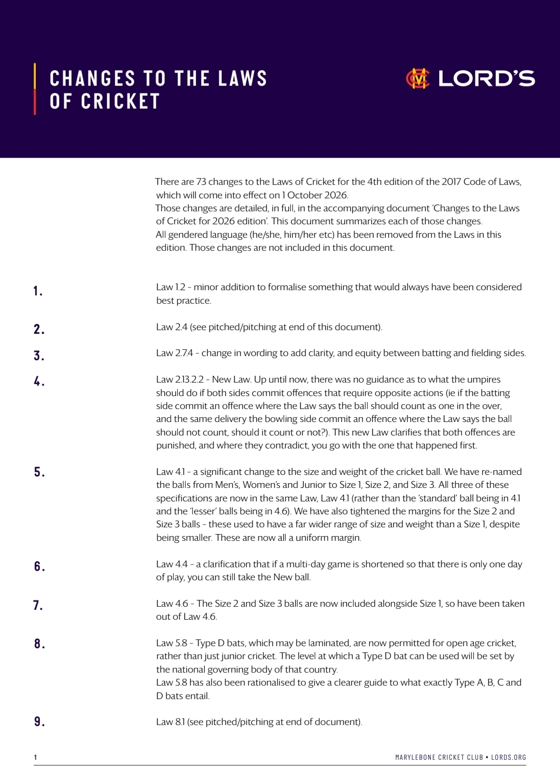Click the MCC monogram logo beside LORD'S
tap(418, 79)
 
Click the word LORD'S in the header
tap(486, 79)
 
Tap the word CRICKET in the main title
tap(120, 102)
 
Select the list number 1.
tap(38, 291)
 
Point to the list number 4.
tap(39, 381)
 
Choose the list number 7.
tap(38, 605)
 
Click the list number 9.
tap(39, 721)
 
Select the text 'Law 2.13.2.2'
tap(180, 380)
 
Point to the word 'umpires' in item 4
tap(484, 380)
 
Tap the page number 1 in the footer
tap(35, 757)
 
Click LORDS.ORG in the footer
tap(509, 757)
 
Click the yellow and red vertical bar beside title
tap(35, 89)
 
